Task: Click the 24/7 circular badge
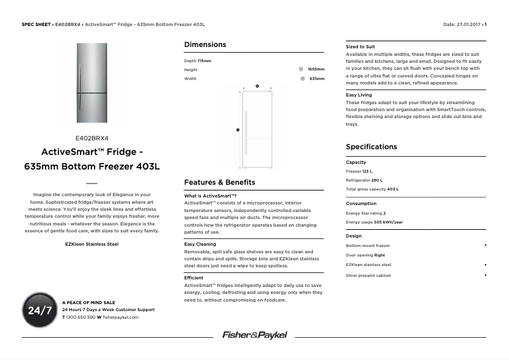pos(39,310)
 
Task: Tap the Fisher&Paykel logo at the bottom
pos(255,335)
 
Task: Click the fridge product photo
pos(93,84)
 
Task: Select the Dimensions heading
pos(205,45)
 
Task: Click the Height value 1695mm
pos(315,69)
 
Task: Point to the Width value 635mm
pos(317,79)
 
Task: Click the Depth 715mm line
pos(197,60)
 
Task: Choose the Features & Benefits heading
pos(220,182)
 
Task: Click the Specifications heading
pos(371,147)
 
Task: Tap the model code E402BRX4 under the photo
pos(93,137)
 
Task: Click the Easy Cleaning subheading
pos(200,244)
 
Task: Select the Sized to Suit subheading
pos(360,47)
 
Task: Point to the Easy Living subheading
pos(359,95)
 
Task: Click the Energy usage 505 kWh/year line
pos(374,222)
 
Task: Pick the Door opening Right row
pos(366,255)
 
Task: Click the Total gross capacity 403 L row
pos(372,189)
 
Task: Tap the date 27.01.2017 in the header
pos(469,24)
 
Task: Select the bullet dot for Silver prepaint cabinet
pos(486,275)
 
